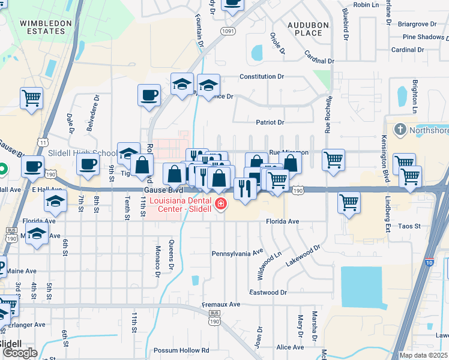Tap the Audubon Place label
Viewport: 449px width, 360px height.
[x=309, y=29]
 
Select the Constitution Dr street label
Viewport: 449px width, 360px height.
[x=262, y=77]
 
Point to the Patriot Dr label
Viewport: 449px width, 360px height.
[x=270, y=122]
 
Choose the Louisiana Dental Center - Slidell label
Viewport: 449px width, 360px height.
[x=184, y=205]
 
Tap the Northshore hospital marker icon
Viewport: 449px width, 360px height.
[x=400, y=130]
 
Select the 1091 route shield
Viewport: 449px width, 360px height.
[x=228, y=31]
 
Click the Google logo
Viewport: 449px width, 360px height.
[x=19, y=353]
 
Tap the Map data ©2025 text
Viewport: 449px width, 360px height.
[x=424, y=356]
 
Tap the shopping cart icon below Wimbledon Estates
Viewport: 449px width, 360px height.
[x=31, y=98]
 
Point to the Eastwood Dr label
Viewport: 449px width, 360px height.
[x=268, y=293]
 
